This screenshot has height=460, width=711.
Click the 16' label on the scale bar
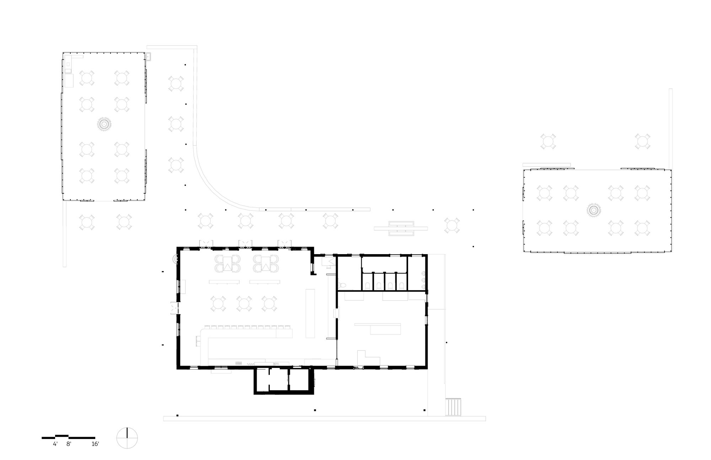pos(95,444)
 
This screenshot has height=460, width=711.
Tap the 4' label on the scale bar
pos(55,444)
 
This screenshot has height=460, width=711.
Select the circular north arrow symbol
pos(127,438)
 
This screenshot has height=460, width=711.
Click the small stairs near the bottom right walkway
pos(453,407)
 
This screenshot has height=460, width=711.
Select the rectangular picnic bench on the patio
pos(401,229)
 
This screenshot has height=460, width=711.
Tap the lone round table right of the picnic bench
pos(451,226)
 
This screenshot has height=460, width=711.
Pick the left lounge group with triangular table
pos(228,263)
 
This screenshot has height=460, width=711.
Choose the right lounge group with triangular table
pos(266,263)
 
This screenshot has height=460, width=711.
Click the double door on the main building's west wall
pos(175,308)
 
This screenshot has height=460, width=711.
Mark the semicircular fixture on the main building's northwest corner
pos(175,260)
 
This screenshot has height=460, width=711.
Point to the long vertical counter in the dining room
pos(310,313)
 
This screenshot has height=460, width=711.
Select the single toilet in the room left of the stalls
pos(342,285)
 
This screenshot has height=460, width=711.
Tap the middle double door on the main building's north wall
pos(245,243)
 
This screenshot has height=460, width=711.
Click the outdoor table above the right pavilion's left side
pos(548,141)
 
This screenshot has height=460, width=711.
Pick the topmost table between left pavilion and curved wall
pos(176,84)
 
